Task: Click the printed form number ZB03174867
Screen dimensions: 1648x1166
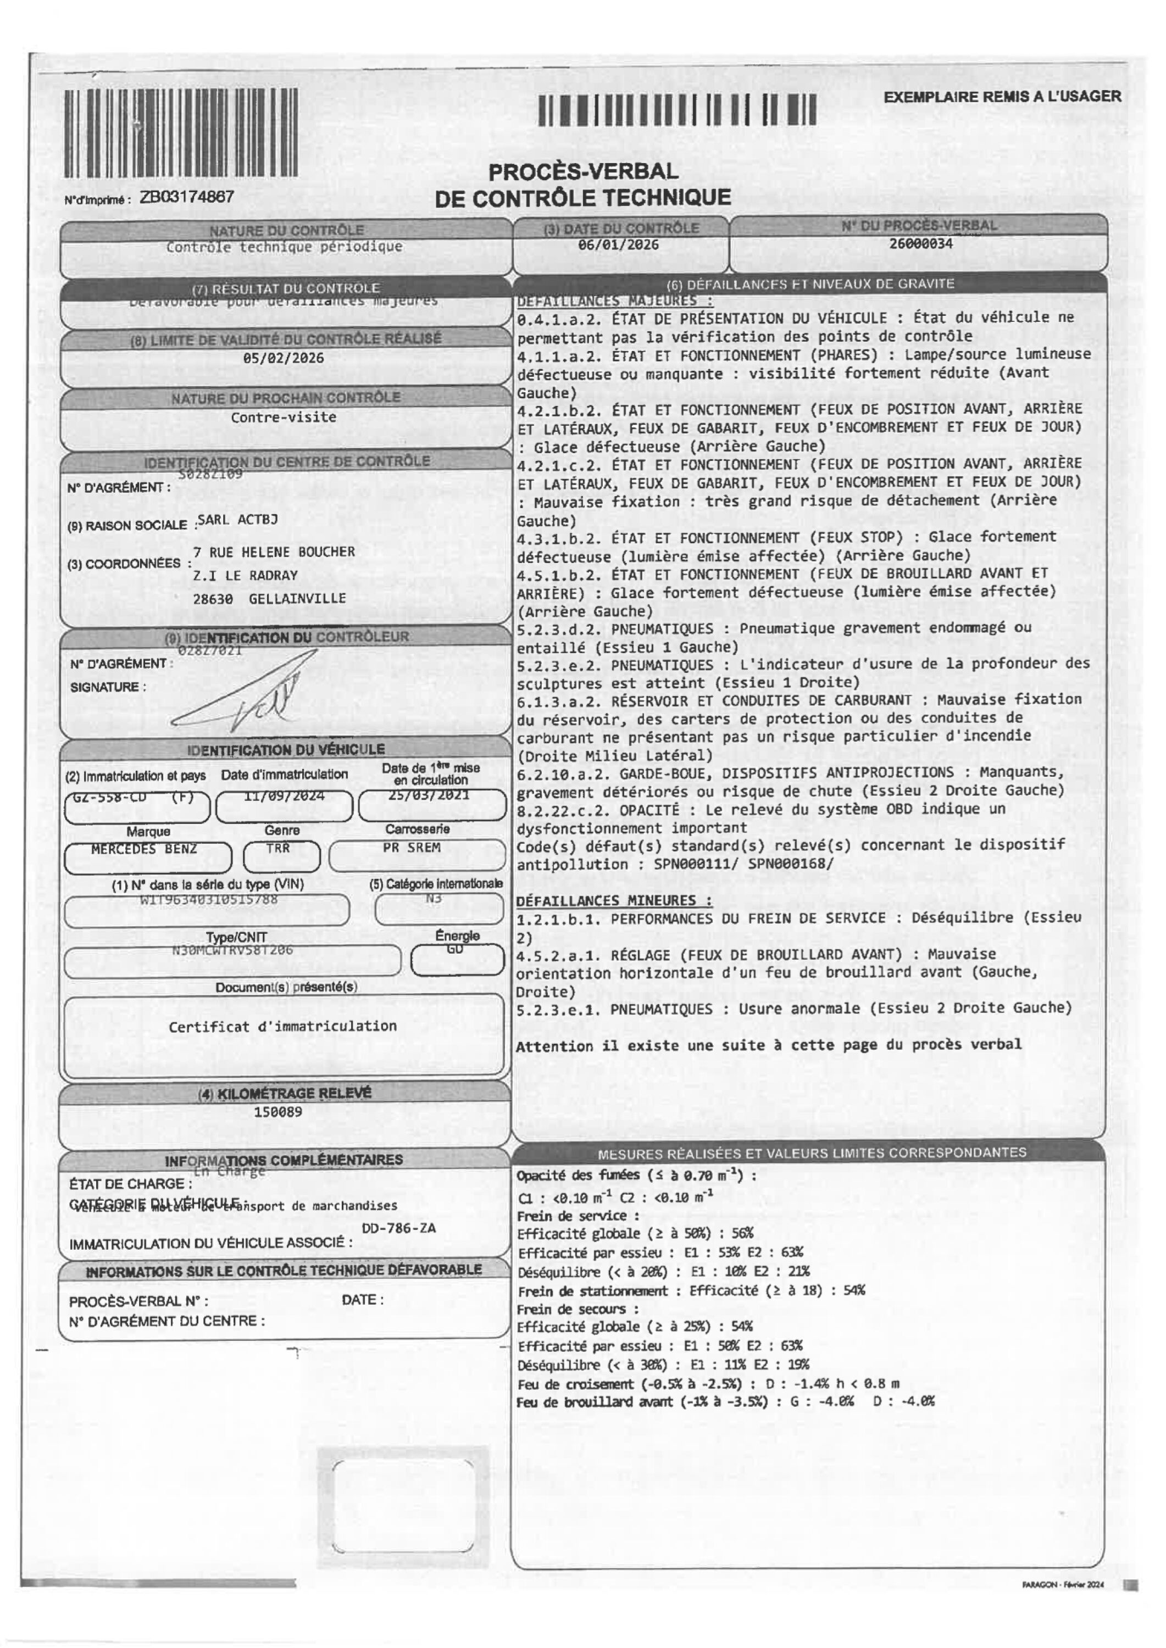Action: [x=187, y=197]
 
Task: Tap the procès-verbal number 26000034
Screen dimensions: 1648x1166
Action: [x=920, y=243]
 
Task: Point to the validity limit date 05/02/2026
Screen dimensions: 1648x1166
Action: [x=283, y=358]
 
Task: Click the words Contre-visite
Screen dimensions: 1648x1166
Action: [x=284, y=417]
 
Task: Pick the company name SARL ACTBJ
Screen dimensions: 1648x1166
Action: [x=237, y=519]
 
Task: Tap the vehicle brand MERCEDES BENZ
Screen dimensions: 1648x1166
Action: [x=143, y=849]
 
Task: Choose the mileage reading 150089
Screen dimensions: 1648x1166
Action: [x=278, y=1112]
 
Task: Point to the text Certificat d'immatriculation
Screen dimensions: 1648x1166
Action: [x=283, y=1026]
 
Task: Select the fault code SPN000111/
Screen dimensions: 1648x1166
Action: [x=696, y=864]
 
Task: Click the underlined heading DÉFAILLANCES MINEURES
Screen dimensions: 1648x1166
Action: [x=614, y=900]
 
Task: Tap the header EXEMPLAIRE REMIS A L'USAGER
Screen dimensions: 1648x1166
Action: [x=1002, y=96]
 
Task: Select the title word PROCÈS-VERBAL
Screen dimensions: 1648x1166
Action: [x=583, y=171]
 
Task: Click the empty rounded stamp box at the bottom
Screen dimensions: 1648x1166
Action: [x=403, y=1507]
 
